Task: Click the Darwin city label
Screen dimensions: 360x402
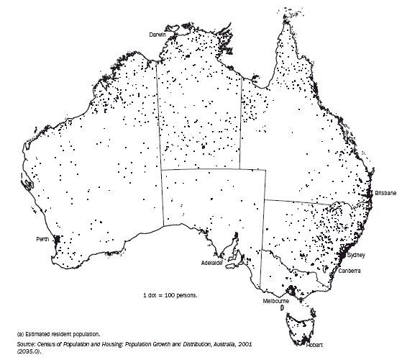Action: click(157, 35)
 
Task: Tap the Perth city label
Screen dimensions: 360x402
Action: click(44, 238)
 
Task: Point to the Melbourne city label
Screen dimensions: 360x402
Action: click(275, 300)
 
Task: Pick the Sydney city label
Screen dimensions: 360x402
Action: click(356, 255)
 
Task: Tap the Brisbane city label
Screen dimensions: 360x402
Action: click(384, 194)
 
